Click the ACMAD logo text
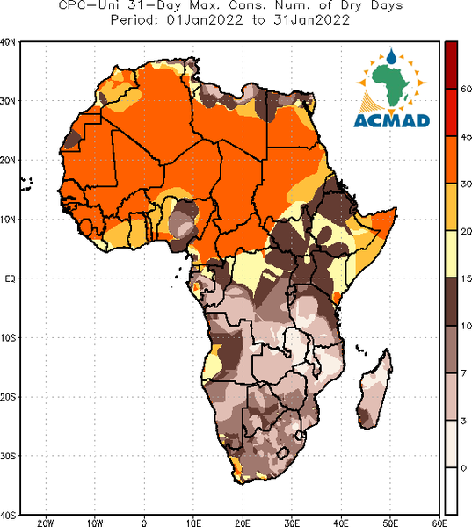tap(392, 121)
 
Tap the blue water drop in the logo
tap(391, 56)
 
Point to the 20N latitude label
tap(7, 161)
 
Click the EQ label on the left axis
tap(10, 278)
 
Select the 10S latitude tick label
tap(7, 338)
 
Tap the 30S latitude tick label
tap(7, 456)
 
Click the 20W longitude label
tap(46, 523)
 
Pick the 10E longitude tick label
tap(193, 523)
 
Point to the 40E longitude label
tap(341, 523)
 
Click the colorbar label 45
tap(466, 137)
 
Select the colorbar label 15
tap(466, 278)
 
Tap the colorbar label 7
tap(463, 373)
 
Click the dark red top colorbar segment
tap(451, 65)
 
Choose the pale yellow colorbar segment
tap(451, 254)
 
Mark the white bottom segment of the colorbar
tap(451, 490)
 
